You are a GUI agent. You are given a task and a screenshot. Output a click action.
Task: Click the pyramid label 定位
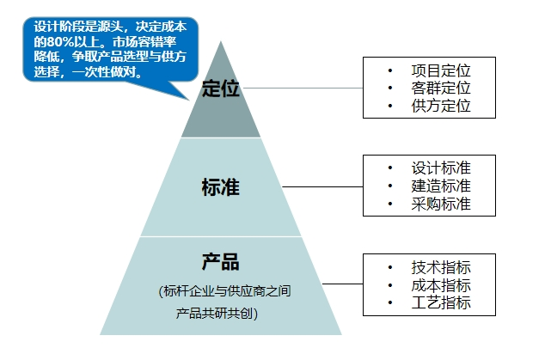click(220, 88)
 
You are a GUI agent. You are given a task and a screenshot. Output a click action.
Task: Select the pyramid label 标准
click(220, 187)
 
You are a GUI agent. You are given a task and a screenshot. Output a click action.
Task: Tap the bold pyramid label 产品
click(220, 262)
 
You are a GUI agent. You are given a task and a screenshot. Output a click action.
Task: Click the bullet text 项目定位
click(441, 70)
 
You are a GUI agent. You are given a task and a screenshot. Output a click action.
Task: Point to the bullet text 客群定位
click(441, 88)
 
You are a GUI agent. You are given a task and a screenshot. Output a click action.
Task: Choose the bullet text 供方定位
click(441, 107)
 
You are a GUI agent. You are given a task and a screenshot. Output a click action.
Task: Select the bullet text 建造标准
click(441, 186)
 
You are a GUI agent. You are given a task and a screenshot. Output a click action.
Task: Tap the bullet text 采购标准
click(441, 204)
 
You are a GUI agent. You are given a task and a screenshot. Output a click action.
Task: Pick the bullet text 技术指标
click(441, 266)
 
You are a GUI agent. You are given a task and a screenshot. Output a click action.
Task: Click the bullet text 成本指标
click(441, 285)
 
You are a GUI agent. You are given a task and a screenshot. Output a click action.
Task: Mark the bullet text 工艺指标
click(441, 303)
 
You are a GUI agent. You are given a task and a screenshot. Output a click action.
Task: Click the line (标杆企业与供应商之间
click(224, 292)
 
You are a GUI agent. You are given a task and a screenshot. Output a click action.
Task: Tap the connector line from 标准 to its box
click(322, 186)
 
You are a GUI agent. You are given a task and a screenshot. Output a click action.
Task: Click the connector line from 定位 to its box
click(309, 88)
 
